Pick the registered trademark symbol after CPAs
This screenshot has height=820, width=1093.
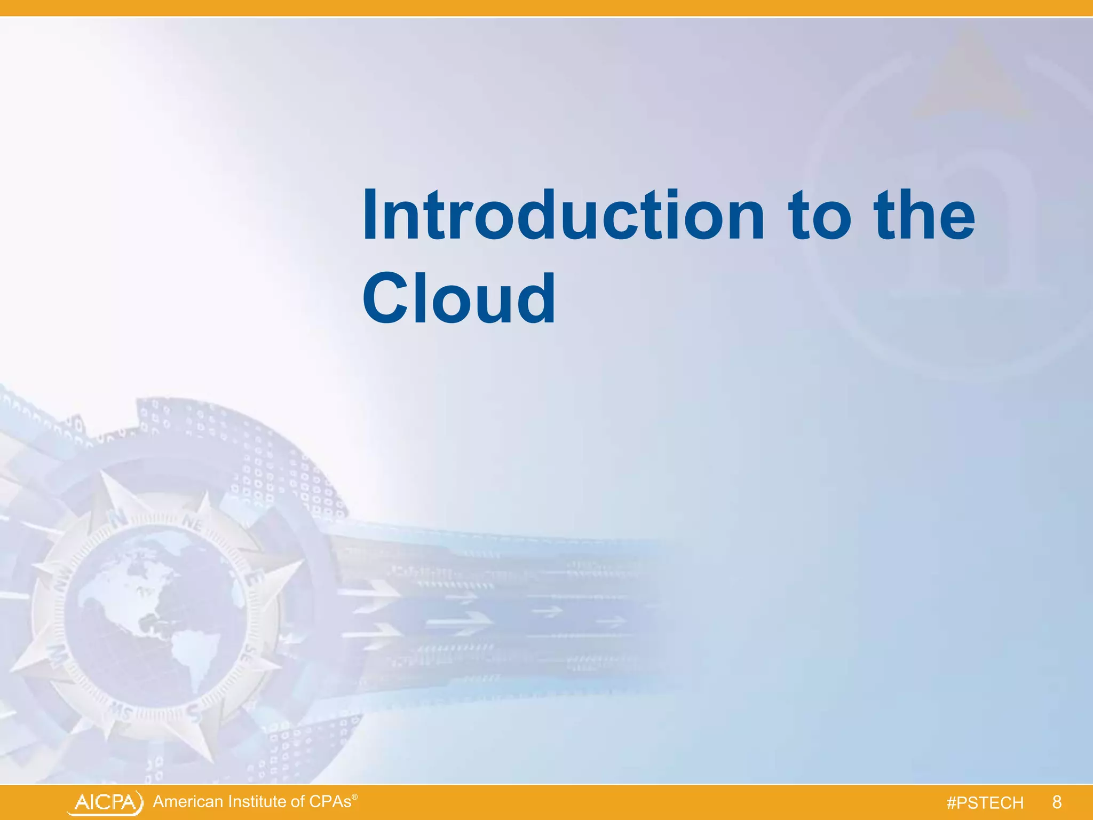tap(355, 797)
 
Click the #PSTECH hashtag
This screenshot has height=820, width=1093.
tap(985, 803)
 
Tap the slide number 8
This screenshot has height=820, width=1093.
tap(1057, 802)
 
